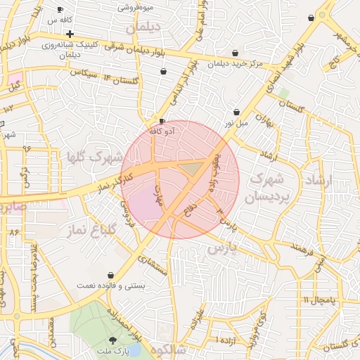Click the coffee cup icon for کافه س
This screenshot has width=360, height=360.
[x=60, y=9]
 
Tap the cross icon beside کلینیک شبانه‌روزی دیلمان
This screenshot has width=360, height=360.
[x=70, y=34]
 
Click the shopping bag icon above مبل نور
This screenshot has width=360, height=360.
[x=237, y=112]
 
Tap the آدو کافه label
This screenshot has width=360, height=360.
[x=168, y=131]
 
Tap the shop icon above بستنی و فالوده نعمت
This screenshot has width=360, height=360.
[x=110, y=275]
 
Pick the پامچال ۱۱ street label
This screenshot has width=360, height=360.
[x=321, y=301]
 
